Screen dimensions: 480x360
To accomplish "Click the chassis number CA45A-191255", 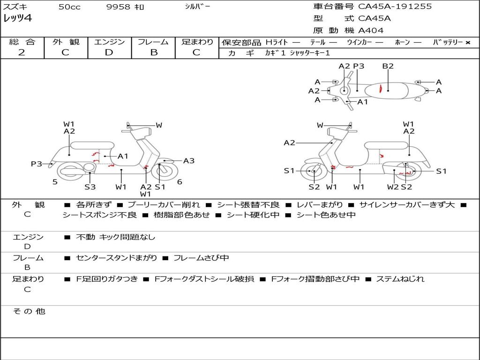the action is click(395, 6).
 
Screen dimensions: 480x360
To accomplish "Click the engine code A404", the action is click(371, 30).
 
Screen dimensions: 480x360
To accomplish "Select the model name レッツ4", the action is click(17, 18).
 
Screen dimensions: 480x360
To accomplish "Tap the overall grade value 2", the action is click(22, 52).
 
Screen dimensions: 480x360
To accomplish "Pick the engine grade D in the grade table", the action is click(109, 52).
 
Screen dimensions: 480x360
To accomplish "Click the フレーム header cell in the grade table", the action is click(153, 42).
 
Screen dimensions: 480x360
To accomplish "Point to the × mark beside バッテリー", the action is click(468, 43).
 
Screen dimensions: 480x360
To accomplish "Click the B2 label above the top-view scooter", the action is click(388, 66).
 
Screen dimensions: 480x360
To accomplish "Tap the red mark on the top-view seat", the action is click(381, 89).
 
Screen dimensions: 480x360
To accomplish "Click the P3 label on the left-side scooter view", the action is click(37, 164).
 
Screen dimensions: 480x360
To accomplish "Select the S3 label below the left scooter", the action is click(90, 187).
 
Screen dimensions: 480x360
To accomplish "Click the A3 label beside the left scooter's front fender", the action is click(189, 161).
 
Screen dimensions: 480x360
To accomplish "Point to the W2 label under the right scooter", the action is click(393, 187).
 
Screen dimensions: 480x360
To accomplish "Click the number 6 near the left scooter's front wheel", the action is click(180, 182).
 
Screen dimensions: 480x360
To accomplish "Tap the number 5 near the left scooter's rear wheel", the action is click(55, 182).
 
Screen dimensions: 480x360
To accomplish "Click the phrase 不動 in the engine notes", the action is click(85, 237).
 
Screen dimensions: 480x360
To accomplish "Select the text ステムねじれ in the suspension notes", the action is click(400, 279).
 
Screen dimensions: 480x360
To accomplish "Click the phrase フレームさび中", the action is click(201, 258).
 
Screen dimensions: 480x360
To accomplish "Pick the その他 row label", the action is click(29, 311).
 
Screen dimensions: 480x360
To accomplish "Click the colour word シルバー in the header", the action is click(197, 6).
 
